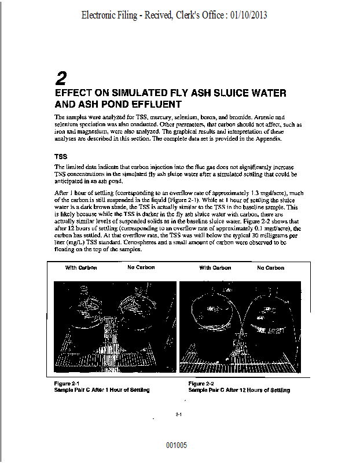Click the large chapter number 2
tap(62, 78)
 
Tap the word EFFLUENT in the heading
tap(155, 105)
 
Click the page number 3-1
tap(179, 414)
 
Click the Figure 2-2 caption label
tap(201, 384)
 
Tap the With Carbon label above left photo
tap(81, 268)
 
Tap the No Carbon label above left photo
tap(141, 268)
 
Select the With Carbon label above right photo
tap(215, 268)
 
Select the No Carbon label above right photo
tap(271, 268)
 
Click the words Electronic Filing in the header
tap(110, 15)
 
